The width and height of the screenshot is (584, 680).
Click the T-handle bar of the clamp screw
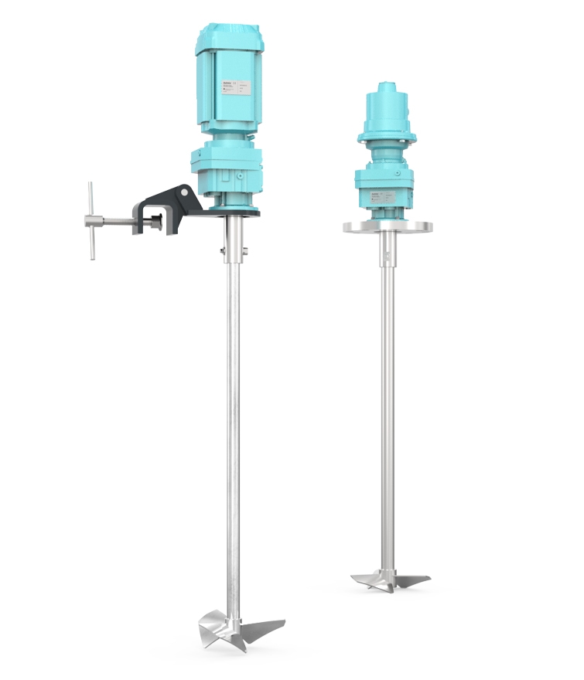point(91,220)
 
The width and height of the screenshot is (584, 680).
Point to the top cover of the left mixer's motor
point(232,36)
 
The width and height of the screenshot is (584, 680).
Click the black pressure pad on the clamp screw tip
point(159,223)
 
